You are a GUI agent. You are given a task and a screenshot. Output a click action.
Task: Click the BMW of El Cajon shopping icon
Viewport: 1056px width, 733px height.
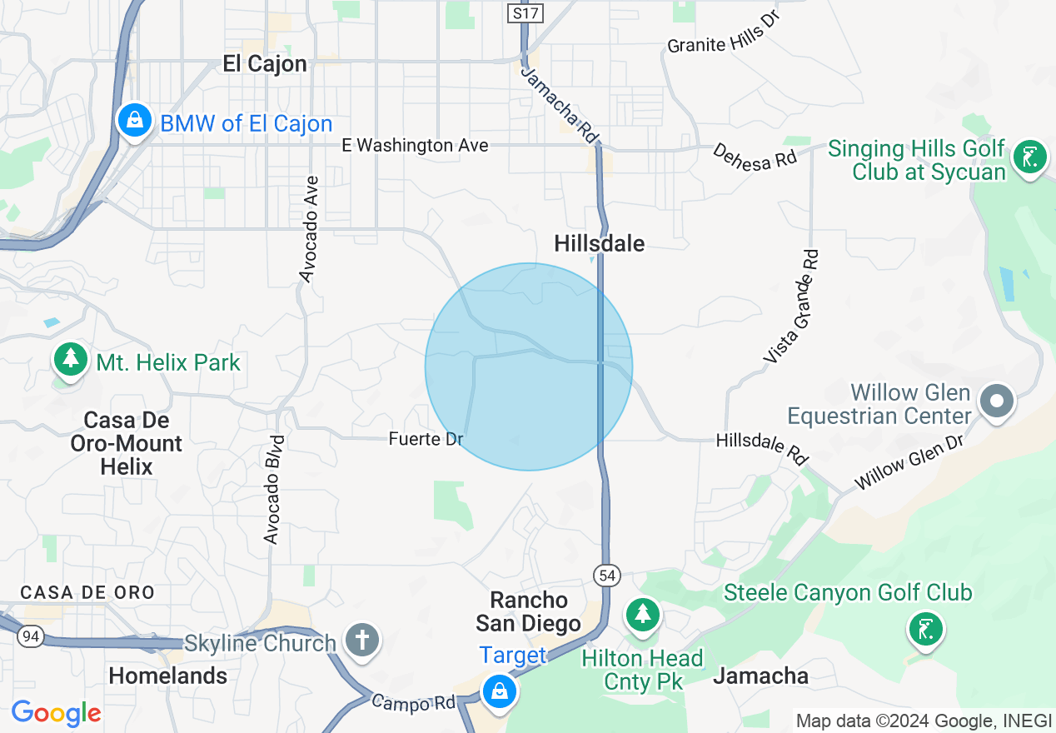[133, 121]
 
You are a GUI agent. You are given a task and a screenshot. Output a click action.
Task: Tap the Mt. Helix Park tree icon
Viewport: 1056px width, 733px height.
[71, 359]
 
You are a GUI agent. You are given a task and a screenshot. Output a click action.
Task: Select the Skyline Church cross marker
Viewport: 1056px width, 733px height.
[363, 641]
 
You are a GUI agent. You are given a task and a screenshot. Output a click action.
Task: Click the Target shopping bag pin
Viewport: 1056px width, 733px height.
[499, 691]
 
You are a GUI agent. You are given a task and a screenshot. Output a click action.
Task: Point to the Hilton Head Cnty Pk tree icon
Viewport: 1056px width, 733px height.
[642, 615]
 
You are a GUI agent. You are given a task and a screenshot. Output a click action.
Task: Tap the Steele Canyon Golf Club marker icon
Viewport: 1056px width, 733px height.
[925, 628]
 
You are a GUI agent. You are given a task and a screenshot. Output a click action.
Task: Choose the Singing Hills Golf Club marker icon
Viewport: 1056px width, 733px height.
[1029, 157]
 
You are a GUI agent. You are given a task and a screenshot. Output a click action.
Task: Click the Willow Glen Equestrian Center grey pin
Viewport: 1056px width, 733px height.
[996, 401]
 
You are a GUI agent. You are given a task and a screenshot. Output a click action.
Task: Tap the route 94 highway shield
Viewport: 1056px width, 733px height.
[31, 636]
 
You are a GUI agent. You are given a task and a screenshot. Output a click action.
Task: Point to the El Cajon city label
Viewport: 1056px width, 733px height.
[265, 64]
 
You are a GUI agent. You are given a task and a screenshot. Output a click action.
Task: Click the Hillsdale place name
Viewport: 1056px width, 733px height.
[600, 243]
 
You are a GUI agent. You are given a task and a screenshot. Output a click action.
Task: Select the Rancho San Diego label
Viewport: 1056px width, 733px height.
[528, 611]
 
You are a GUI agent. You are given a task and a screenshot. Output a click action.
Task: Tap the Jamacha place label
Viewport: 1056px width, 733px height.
[760, 676]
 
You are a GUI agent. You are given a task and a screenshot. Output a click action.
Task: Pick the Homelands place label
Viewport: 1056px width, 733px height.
[167, 676]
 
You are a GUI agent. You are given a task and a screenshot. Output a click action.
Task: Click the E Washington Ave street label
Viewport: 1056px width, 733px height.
[415, 146]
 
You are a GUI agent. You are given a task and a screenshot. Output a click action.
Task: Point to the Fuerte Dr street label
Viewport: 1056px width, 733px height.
[426, 439]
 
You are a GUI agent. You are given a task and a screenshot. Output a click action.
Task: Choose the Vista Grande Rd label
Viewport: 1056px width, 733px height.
[792, 306]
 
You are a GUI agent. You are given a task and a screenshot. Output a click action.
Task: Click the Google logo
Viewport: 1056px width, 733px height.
[56, 713]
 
